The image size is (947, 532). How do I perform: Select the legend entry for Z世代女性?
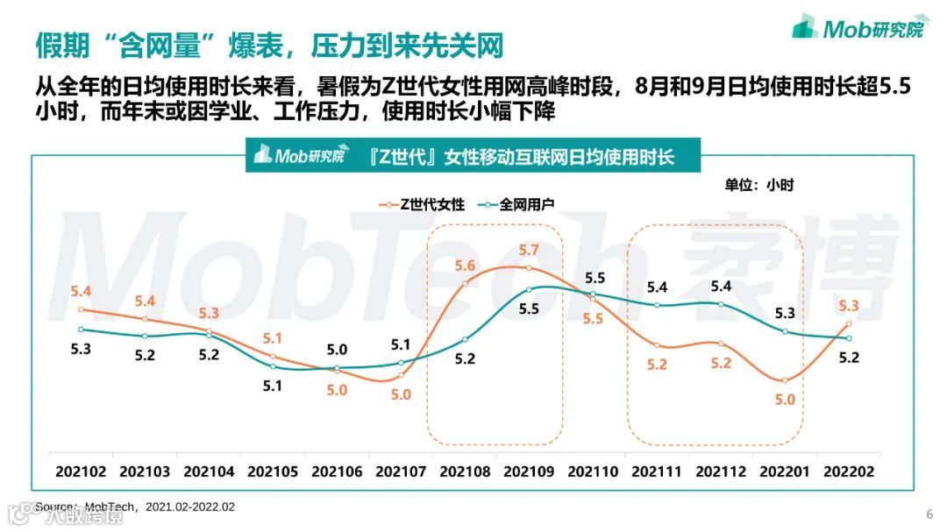click(421, 204)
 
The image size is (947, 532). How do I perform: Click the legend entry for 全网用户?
click(517, 204)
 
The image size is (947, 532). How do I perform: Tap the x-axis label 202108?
click(465, 471)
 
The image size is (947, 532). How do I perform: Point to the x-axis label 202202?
click(849, 471)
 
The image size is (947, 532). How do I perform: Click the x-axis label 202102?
click(80, 471)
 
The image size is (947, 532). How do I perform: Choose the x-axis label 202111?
click(657, 471)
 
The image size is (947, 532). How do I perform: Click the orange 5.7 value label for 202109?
click(529, 251)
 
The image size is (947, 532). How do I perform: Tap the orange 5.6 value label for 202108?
click(465, 265)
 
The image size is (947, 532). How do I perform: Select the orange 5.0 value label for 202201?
click(785, 400)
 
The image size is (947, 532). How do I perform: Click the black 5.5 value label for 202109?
click(529, 309)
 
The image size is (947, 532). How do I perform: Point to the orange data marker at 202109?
click(529, 268)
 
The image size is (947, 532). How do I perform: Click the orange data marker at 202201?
click(785, 380)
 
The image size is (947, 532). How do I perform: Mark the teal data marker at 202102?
click(80, 330)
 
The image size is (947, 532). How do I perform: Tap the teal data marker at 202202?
click(849, 338)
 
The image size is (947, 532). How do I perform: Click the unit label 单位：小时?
click(758, 185)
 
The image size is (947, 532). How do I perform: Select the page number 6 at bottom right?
click(930, 514)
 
